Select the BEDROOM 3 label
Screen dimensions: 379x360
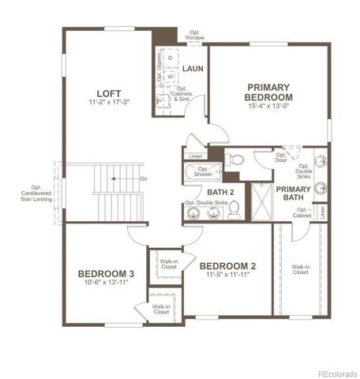106,274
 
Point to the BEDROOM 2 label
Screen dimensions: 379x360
227,265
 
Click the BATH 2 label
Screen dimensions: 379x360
222,192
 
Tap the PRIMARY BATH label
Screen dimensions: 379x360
293,194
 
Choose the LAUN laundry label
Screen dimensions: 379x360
193,69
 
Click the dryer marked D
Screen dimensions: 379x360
170,58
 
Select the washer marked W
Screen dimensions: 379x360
170,77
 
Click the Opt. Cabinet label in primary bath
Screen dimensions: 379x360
303,212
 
